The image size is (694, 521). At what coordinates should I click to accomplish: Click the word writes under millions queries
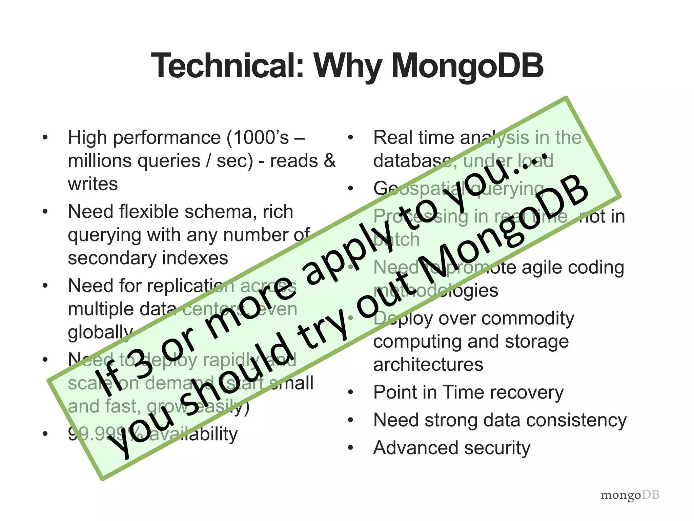93,184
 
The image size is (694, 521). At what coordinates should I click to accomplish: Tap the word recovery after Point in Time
529,392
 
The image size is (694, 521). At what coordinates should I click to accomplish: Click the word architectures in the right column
428,365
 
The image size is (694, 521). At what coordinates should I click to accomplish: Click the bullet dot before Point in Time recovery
351,392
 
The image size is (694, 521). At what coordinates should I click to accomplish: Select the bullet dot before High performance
45,138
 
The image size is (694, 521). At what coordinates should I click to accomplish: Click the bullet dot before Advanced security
351,448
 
